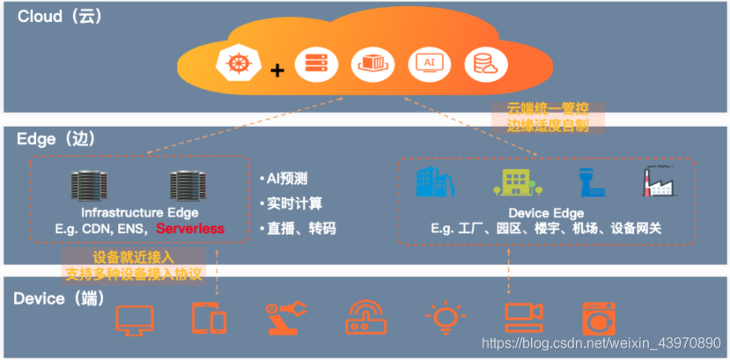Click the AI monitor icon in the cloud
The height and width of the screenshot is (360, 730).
[429, 63]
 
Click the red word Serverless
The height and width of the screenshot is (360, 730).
[190, 229]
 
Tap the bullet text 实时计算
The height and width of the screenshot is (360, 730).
[291, 203]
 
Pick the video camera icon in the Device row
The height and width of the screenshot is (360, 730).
[521, 318]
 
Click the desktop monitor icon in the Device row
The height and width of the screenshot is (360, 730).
[134, 319]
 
